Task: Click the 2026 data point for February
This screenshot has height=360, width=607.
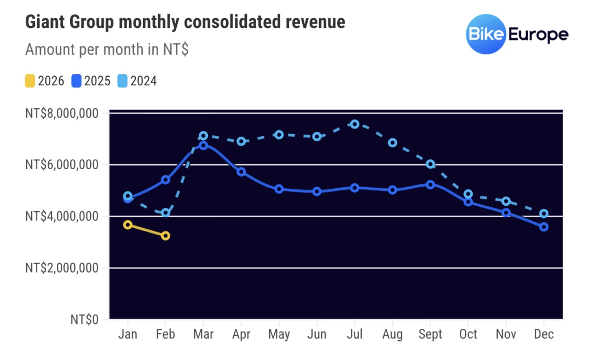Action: coord(165,236)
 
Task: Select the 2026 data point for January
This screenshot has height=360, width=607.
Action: coord(128,225)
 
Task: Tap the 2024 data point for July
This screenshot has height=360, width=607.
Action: coord(355,124)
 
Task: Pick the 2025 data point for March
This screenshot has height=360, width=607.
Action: coord(204,145)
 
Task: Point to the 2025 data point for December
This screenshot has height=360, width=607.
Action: coord(544,227)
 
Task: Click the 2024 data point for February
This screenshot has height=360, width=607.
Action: coord(165,212)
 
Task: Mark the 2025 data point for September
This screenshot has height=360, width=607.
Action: coord(430,184)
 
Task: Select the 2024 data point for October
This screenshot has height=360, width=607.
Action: coord(468,194)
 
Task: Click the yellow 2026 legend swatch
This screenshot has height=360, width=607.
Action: coord(30,82)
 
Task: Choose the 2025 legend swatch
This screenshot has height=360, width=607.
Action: coord(76,82)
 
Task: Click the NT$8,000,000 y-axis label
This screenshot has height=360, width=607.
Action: coord(61,114)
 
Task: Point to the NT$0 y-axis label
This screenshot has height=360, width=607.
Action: coord(84,320)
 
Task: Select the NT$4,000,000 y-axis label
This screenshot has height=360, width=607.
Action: coord(61,217)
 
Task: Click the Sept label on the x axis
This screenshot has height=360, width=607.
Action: coord(430,334)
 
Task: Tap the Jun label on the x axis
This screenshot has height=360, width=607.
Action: coord(316,334)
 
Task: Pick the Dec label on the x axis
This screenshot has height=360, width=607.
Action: coord(544,334)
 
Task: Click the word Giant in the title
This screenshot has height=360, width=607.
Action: coord(43,22)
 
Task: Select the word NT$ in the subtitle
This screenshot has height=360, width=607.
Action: coord(175,49)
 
